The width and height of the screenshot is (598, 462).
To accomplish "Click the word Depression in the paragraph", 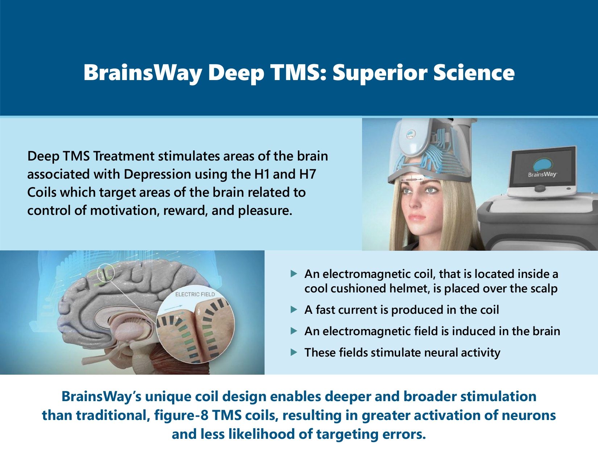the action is (x=157, y=174).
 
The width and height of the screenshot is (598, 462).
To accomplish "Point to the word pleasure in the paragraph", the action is (x=265, y=211).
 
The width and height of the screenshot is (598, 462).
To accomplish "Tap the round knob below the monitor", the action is (x=540, y=188).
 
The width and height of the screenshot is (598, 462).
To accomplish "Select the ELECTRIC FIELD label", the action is (x=195, y=295).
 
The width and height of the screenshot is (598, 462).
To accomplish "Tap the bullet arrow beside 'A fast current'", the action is (x=294, y=310).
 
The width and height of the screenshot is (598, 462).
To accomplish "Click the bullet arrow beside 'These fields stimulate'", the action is (x=294, y=353).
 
